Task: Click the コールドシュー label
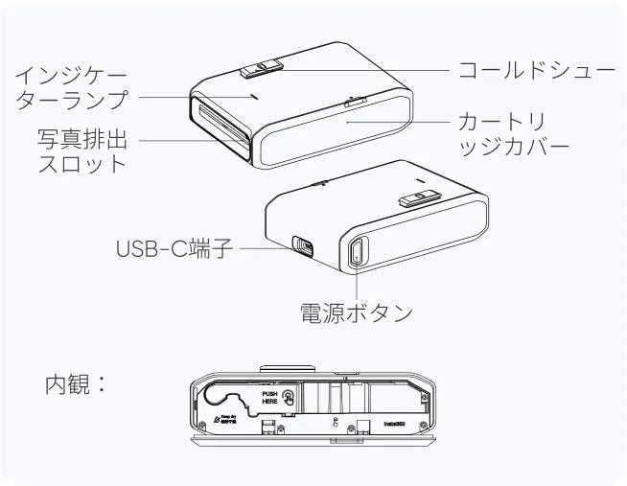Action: tap(536, 71)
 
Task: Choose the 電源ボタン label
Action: tap(356, 312)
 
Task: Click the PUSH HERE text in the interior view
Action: tap(270, 396)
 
